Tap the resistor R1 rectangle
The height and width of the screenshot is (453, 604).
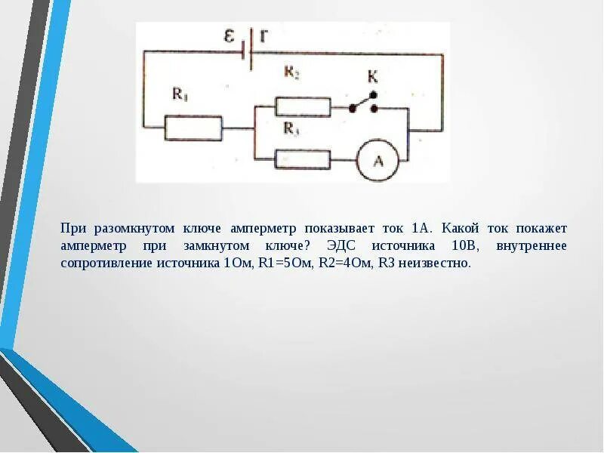(193, 129)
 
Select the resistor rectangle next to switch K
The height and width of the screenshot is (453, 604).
(303, 106)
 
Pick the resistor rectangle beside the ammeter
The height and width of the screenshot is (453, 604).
(303, 159)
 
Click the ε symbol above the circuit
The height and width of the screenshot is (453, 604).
(230, 35)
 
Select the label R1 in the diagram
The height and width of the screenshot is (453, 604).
(180, 94)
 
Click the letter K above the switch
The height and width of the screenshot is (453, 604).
(372, 76)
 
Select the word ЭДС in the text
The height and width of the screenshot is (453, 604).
(344, 246)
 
